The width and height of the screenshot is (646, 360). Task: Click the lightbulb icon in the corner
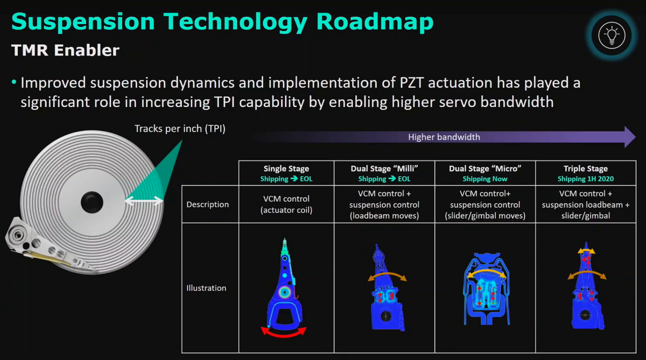click(x=612, y=35)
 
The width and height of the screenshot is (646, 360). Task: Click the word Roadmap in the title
click(x=375, y=22)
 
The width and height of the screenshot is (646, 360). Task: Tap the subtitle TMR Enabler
click(x=65, y=50)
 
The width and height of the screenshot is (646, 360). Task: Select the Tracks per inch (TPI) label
click(x=180, y=129)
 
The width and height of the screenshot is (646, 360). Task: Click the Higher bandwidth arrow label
click(x=444, y=137)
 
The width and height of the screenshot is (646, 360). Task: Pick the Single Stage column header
click(x=286, y=168)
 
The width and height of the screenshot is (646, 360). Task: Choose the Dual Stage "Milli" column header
click(x=384, y=168)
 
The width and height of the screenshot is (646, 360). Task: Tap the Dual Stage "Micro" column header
click(x=485, y=168)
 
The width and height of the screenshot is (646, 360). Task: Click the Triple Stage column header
click(x=586, y=168)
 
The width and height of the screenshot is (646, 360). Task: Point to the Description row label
click(x=207, y=204)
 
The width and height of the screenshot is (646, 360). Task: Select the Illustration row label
click(x=206, y=288)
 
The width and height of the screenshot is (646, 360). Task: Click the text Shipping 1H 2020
click(x=586, y=179)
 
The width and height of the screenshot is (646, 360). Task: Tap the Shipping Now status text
click(x=485, y=179)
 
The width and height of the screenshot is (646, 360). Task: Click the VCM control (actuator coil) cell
click(x=286, y=204)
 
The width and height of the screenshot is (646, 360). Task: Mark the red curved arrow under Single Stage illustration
click(x=283, y=335)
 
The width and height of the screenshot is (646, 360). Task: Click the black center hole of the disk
click(x=92, y=202)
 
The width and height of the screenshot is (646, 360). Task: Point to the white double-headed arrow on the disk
click(x=144, y=201)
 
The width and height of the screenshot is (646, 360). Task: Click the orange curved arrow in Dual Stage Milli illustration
click(x=387, y=273)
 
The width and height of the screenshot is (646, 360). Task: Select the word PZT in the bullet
click(x=411, y=83)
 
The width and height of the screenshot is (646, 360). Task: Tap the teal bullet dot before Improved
click(x=14, y=82)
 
